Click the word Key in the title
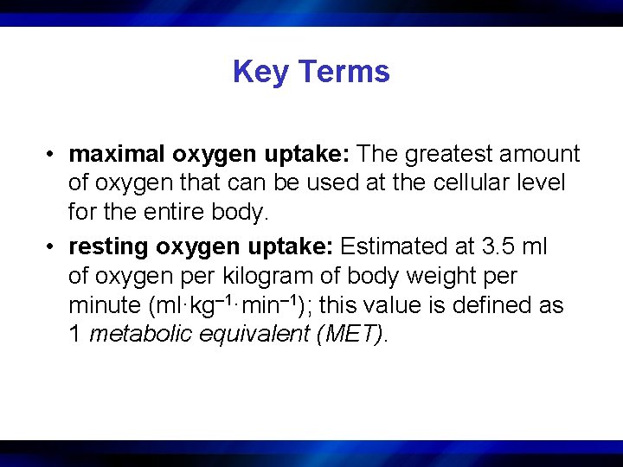click(x=255, y=72)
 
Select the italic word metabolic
click(x=141, y=334)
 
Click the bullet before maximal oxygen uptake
click(x=53, y=155)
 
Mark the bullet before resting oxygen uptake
click(x=53, y=247)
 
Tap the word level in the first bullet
click(x=543, y=182)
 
